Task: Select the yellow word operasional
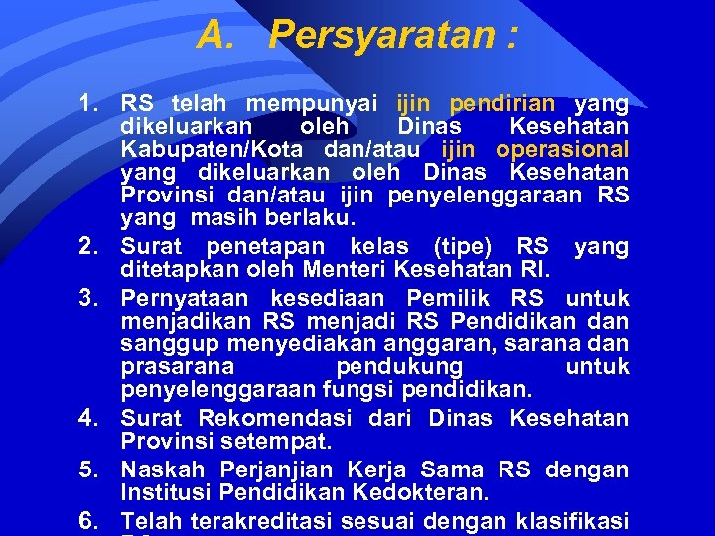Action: click(562, 150)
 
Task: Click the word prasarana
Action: click(170, 367)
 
